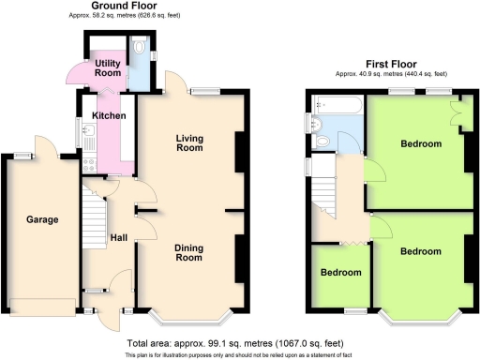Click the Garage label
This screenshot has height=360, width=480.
click(43, 220)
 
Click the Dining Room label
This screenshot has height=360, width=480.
click(189, 251)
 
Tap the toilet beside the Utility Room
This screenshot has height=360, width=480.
click(139, 47)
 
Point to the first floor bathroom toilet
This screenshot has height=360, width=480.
click(322, 142)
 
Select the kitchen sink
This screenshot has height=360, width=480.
click(82, 141)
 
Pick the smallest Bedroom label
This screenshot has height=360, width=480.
click(342, 273)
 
